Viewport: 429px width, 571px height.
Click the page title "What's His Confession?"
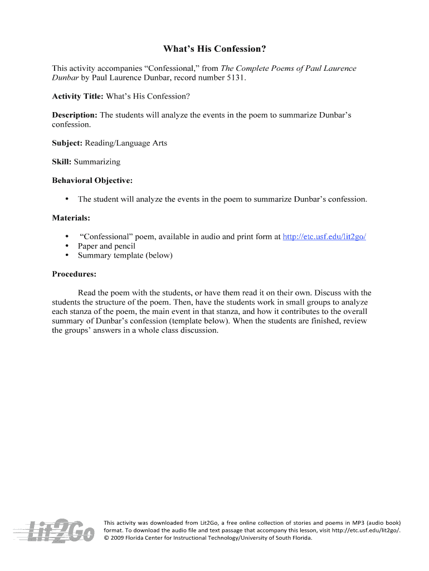[214, 49]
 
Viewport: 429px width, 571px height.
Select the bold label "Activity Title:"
[77, 96]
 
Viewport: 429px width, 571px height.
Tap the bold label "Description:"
[75, 115]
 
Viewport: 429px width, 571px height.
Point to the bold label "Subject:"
[67, 143]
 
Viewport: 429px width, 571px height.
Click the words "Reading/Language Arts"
[126, 143]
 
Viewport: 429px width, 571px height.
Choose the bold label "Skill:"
[62, 162]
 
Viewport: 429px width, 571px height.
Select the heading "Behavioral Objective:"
[92, 181]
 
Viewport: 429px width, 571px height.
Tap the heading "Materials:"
[71, 217]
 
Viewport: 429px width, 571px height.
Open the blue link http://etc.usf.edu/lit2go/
[324, 237]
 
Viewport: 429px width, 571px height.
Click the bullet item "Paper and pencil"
[106, 246]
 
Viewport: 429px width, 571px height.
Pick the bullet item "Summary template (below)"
[125, 255]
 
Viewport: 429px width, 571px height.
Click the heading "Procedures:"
[74, 274]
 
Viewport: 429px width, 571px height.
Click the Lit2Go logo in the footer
[55, 529]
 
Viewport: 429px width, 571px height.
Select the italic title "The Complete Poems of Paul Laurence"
[289, 68]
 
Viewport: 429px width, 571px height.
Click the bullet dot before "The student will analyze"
[67, 199]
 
